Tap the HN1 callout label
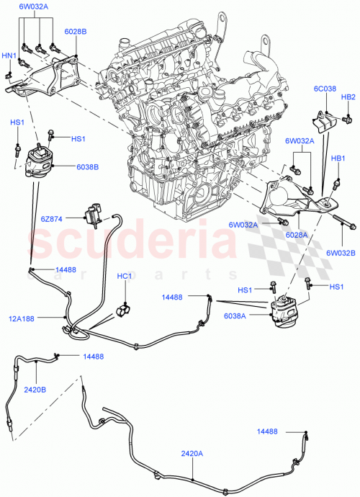(9, 55)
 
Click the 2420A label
(192, 453)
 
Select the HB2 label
(348, 97)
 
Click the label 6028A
(296, 235)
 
